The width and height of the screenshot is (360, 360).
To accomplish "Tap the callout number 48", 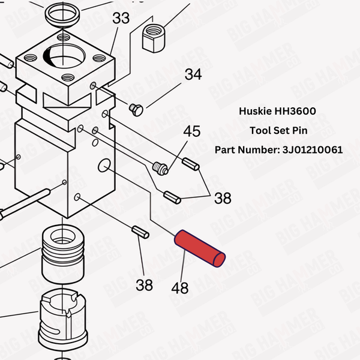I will (180, 289).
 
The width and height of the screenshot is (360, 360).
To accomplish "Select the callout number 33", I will (121, 19).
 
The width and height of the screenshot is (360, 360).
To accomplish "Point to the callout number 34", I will (193, 75).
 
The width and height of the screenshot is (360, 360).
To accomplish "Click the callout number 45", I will (191, 131).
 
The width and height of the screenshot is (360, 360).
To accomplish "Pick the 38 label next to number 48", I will (144, 285).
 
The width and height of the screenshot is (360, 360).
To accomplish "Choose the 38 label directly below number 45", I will (223, 199).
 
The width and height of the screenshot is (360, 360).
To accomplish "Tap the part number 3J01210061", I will (313, 149).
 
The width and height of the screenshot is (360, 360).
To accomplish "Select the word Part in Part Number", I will (226, 149).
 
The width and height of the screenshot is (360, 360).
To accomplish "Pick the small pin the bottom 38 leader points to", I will (140, 231).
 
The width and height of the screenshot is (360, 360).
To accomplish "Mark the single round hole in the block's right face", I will (104, 164).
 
